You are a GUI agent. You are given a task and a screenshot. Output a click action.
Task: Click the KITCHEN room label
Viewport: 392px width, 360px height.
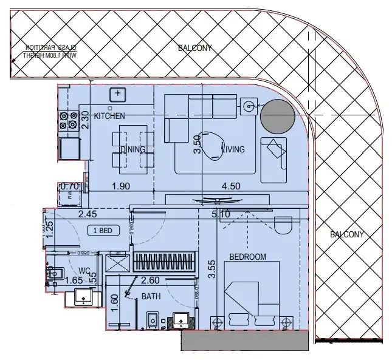(x=110, y=115)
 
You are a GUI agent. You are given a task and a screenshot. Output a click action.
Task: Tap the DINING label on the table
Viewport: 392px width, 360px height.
(x=132, y=149)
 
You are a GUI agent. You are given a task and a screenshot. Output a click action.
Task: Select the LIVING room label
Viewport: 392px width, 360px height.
(x=233, y=149)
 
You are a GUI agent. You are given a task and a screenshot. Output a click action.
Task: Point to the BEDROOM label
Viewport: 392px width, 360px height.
(x=247, y=257)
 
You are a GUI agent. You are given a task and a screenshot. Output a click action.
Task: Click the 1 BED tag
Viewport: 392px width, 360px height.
(x=102, y=230)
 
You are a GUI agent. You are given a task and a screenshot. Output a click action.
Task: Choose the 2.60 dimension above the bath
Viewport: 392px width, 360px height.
(x=151, y=280)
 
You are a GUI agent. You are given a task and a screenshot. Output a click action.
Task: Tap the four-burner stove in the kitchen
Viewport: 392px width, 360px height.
(x=67, y=121)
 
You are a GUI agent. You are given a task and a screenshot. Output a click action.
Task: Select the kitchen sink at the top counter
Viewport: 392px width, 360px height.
(x=116, y=93)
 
